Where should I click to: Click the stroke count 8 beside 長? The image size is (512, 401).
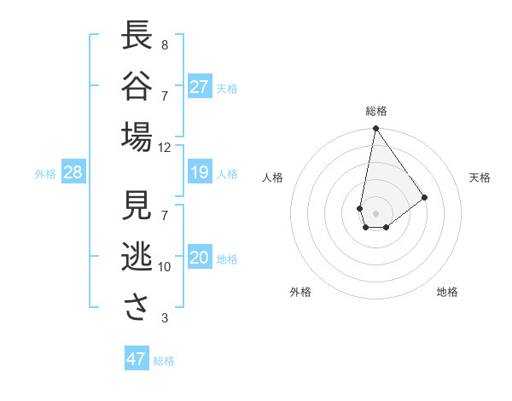164,44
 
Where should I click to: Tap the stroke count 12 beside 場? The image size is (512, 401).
164,147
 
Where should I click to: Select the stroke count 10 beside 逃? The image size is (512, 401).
164,267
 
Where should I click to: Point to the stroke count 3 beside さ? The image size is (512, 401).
164,318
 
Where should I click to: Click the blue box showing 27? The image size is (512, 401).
200,87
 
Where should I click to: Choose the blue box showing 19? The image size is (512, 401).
200,173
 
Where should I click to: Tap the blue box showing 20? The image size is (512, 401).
200,258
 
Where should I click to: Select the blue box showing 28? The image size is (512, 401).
73,173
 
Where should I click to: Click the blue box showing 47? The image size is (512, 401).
137,359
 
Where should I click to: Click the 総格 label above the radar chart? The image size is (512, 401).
375,111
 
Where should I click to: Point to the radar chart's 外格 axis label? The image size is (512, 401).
300,292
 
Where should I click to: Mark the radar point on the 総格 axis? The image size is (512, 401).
375,130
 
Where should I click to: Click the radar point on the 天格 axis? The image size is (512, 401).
424,197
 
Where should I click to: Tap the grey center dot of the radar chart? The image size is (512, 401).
375,212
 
